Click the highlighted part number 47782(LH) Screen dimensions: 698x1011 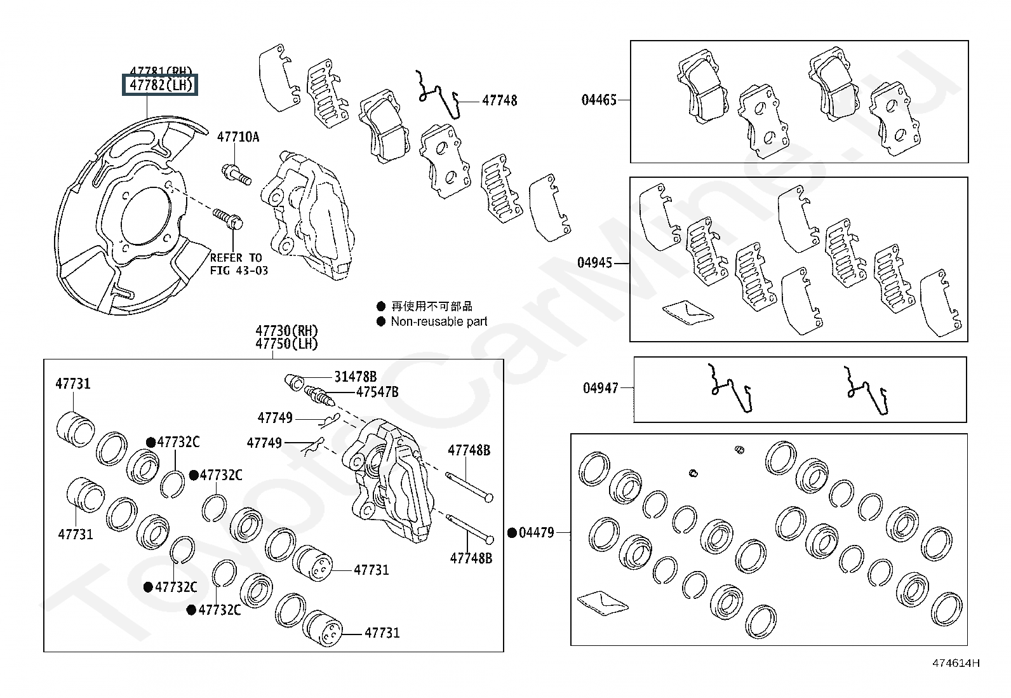[161, 84]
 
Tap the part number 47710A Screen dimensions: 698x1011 [238, 137]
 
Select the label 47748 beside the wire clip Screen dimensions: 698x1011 [499, 100]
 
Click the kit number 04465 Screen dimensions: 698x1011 [599, 100]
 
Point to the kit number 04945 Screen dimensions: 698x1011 [594, 262]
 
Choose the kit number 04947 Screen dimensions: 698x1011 [600, 387]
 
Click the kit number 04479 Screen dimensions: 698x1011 [536, 533]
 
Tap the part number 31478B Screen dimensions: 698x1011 [355, 377]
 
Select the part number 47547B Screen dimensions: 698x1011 [377, 392]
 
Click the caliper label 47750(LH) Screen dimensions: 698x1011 [286, 344]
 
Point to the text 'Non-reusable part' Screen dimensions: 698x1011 [439, 321]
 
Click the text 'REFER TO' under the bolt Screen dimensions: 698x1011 [236, 258]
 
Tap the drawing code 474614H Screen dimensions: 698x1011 [956, 664]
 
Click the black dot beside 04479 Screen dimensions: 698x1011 [512, 533]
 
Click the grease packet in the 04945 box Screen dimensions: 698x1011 [687, 310]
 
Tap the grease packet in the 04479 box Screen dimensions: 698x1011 [603, 603]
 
